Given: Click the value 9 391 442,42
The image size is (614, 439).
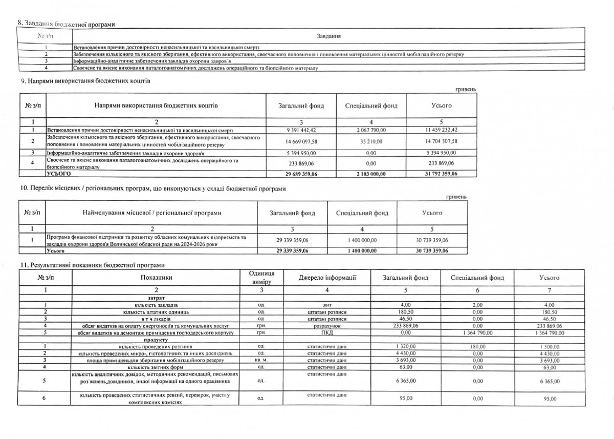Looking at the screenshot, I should pos(301,130).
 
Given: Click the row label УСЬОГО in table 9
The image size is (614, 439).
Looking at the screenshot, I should pos(57,174).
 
